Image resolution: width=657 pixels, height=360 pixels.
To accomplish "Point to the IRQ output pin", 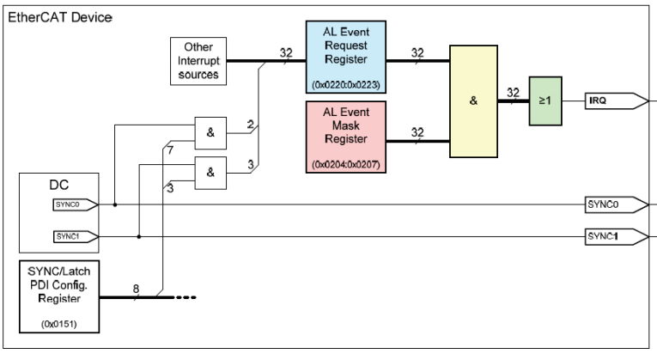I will click(x=615, y=101).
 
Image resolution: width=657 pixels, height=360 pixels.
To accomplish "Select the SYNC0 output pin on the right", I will click(x=614, y=204).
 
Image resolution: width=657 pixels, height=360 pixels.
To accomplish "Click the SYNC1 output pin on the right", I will click(x=614, y=235).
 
